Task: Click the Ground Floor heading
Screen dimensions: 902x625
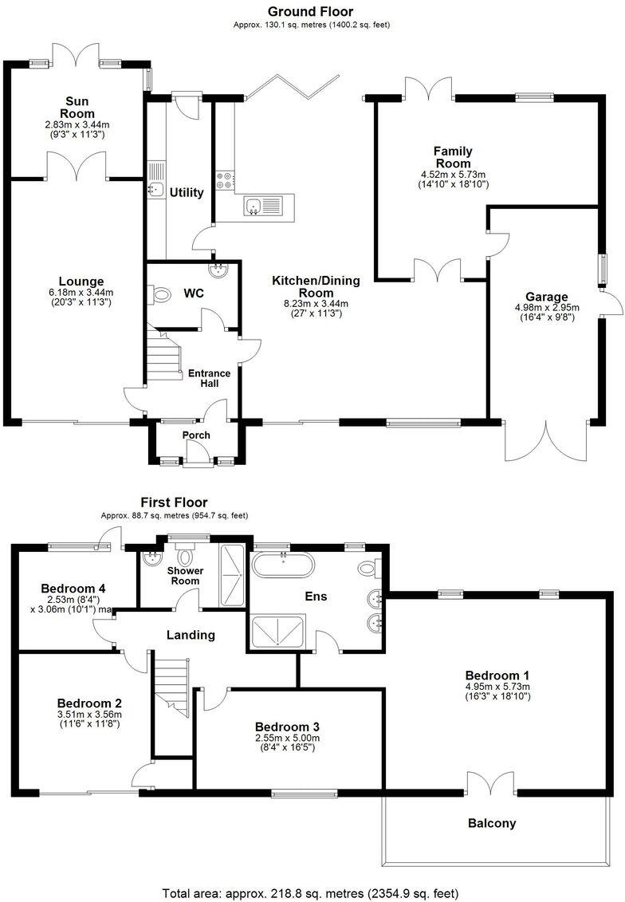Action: pyautogui.click(x=310, y=11)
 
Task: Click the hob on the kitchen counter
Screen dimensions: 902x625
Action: pyautogui.click(x=223, y=180)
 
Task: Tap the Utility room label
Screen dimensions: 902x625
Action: pyautogui.click(x=187, y=192)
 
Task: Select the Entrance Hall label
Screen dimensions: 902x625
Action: pyautogui.click(x=209, y=378)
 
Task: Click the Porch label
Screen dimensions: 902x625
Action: pyautogui.click(x=196, y=435)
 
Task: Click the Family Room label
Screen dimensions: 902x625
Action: pyautogui.click(x=453, y=157)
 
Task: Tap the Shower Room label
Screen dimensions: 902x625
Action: pyautogui.click(x=185, y=575)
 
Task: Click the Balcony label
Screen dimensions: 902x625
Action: pyautogui.click(x=492, y=823)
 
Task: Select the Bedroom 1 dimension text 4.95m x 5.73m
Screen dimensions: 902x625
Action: pyautogui.click(x=497, y=686)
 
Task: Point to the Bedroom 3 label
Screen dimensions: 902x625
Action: pyautogui.click(x=287, y=727)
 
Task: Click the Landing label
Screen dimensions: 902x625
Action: pyautogui.click(x=191, y=635)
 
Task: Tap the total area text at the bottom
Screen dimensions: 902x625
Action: pyautogui.click(x=310, y=892)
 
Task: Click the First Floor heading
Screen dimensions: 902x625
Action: pyautogui.click(x=174, y=502)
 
